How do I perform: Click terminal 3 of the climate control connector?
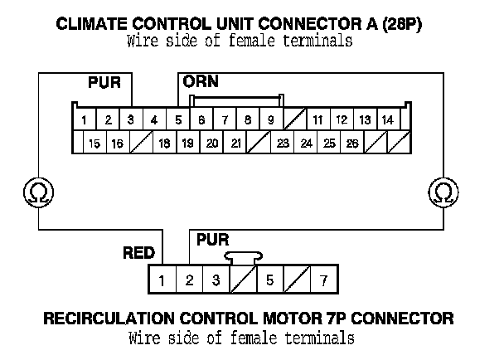[131, 119]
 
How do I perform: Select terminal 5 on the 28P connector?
[178, 119]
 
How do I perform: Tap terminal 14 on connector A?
[387, 119]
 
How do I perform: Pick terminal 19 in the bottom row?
[188, 144]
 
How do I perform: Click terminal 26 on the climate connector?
[352, 144]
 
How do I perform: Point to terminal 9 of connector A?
[270, 119]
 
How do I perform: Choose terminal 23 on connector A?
[283, 144]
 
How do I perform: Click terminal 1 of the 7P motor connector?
[162, 280]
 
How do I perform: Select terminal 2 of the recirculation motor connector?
[189, 280]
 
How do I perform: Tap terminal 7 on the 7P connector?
[323, 280]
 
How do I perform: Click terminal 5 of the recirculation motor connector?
[269, 280]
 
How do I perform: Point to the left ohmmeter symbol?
[37, 192]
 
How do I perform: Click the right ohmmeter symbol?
[444, 192]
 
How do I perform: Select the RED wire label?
[138, 253]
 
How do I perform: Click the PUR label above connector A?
[104, 82]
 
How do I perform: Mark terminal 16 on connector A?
[118, 144]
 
